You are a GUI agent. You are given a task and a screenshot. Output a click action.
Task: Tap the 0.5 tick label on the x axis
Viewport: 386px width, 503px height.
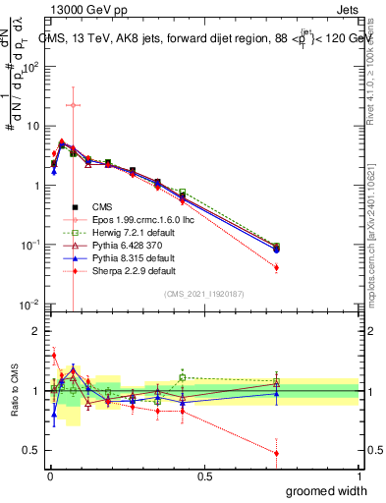pyautogui.click(x=204, y=476)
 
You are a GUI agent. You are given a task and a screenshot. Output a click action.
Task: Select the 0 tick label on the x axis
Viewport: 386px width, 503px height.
pyautogui.click(x=49, y=476)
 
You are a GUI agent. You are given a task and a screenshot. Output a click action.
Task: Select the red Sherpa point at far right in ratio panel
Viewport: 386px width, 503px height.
pyautogui.click(x=276, y=453)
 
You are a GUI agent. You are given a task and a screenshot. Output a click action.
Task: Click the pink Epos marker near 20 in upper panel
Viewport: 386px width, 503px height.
pyautogui.click(x=73, y=105)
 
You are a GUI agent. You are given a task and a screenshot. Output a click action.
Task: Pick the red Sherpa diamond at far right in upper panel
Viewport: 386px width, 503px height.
pyautogui.click(x=276, y=267)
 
